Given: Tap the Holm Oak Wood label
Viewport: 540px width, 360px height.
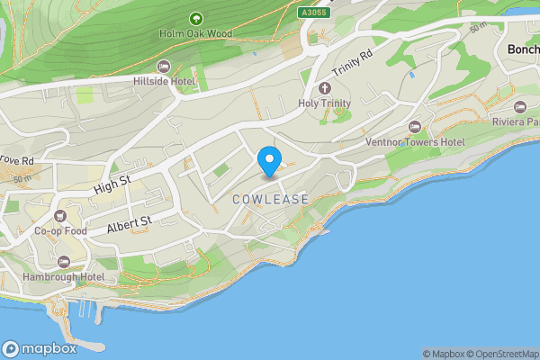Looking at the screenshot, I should pyautogui.click(x=197, y=34).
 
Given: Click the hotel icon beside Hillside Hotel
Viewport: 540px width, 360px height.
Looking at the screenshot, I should pyautogui.click(x=163, y=67).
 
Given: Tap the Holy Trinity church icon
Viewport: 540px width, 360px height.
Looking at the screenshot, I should pyautogui.click(x=325, y=88).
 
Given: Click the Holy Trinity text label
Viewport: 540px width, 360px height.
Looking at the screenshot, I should pyautogui.click(x=324, y=103).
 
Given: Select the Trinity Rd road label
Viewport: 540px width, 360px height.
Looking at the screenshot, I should pyautogui.click(x=351, y=63).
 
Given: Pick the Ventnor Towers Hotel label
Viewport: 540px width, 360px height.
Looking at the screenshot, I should pyautogui.click(x=414, y=142).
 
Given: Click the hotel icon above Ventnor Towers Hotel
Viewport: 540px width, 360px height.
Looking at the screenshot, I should pyautogui.click(x=414, y=127).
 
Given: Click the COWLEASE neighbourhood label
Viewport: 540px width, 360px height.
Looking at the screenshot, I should pyautogui.click(x=270, y=199).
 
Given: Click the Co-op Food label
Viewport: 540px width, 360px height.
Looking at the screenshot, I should pyautogui.click(x=59, y=231).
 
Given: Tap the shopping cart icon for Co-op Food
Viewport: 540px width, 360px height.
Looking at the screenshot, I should pyautogui.click(x=59, y=216).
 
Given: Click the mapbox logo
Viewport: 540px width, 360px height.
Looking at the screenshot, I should pyautogui.click(x=41, y=348).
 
